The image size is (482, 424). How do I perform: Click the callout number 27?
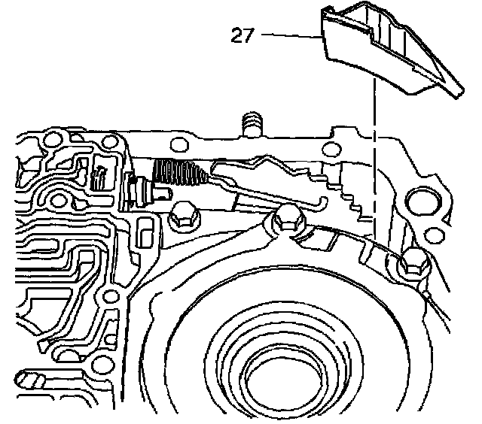point(242,35)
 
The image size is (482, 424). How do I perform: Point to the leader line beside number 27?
point(291,35)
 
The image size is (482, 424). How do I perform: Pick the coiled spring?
point(178,174)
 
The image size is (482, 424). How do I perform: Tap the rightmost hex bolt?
point(413,262)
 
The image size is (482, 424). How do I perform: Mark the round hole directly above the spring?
point(179,145)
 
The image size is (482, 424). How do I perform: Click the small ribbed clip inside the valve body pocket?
point(99,177)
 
